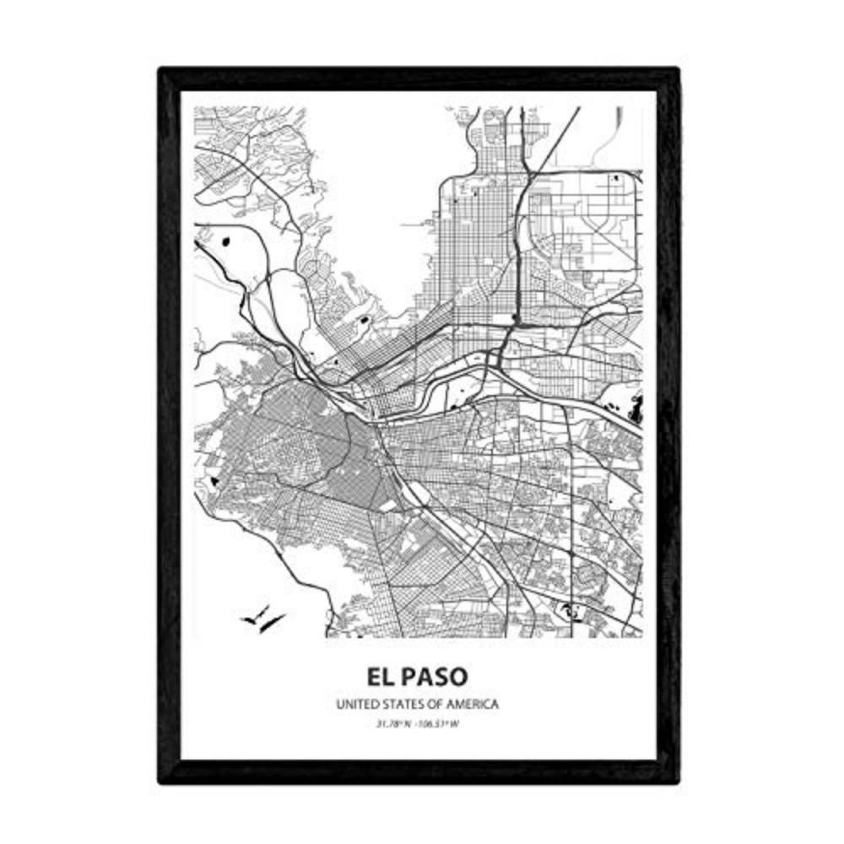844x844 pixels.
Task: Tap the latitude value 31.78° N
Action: point(393,722)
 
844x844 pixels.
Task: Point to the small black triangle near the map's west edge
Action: point(215,481)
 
